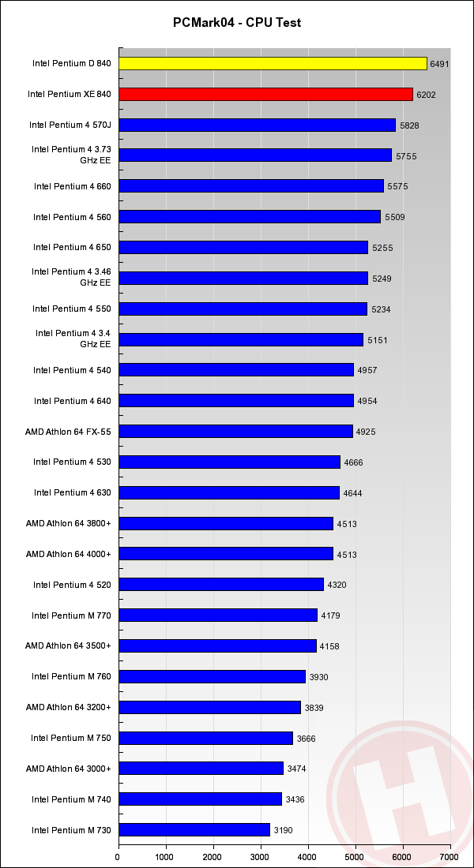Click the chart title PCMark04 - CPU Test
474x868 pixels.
click(x=237, y=23)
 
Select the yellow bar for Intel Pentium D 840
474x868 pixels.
click(x=273, y=63)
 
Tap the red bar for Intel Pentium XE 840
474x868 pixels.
click(x=265, y=94)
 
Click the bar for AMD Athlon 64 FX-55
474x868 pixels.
click(x=235, y=431)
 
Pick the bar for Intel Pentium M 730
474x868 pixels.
click(x=194, y=829)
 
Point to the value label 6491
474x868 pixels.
click(x=440, y=64)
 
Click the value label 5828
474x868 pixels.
click(x=408, y=125)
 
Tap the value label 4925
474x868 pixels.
click(x=366, y=432)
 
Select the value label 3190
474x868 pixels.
click(x=284, y=830)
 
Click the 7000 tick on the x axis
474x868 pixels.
click(x=450, y=856)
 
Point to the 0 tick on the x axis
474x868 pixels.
click(x=118, y=856)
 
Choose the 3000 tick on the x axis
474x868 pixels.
click(x=261, y=856)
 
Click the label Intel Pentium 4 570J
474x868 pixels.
click(x=70, y=125)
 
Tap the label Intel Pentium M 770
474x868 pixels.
click(x=71, y=615)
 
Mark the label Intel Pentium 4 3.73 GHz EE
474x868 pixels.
click(x=71, y=154)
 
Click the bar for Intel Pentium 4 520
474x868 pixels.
click(x=221, y=584)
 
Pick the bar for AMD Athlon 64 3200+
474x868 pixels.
click(x=209, y=707)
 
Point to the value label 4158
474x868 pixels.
click(x=329, y=646)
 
